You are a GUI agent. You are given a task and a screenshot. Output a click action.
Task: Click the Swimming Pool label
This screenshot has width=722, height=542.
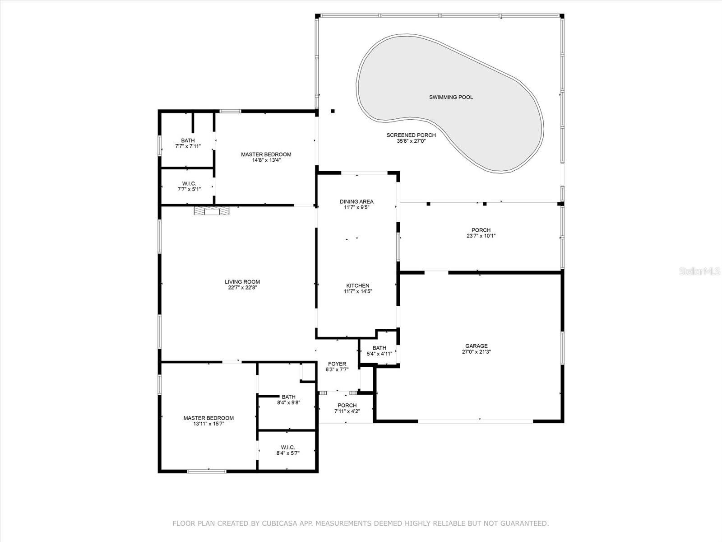pos(451,97)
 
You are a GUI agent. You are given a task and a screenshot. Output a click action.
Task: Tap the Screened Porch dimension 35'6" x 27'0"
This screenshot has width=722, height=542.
pos(411,141)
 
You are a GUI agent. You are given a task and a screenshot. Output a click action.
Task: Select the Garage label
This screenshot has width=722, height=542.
pos(476,346)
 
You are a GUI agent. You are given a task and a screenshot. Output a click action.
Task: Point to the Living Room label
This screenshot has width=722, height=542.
pos(242,282)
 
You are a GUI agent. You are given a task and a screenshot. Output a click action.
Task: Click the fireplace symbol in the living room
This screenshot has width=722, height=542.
pos(212,210)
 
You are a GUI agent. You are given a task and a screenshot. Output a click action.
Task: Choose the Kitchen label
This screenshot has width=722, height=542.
pos(358,285)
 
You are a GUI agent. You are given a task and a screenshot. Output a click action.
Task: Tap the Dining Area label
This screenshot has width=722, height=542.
pos(357,201)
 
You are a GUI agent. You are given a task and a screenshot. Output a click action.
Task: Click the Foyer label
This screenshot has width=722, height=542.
pos(337,364)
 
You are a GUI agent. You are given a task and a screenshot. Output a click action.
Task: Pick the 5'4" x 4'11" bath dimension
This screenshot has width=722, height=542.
pos(380,354)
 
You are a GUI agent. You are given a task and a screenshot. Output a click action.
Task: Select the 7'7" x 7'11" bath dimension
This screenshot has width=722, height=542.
pos(188,146)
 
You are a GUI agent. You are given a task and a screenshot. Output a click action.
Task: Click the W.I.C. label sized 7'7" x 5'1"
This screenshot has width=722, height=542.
pos(189,183)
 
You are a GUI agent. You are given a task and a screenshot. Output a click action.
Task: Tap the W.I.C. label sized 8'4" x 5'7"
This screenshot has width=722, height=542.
pos(288,447)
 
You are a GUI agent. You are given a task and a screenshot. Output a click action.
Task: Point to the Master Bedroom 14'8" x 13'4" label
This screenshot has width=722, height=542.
pos(266,154)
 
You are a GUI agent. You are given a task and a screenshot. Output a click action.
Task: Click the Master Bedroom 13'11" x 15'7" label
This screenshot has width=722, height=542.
pos(208,418)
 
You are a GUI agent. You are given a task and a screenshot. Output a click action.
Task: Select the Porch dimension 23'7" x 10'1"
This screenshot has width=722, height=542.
pos(481,236)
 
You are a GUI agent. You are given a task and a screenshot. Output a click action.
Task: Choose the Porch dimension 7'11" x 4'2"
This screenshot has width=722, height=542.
pos(347,411)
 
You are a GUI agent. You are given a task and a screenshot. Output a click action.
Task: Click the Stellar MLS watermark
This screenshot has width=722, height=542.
pos(699,271)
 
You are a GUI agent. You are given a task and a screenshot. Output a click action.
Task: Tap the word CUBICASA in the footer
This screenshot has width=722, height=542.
pos(279,523)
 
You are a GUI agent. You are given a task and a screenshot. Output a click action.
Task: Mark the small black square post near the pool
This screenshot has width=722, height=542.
pos(333,111)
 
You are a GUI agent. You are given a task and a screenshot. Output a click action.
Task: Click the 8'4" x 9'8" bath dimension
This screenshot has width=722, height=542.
pos(288,402)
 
